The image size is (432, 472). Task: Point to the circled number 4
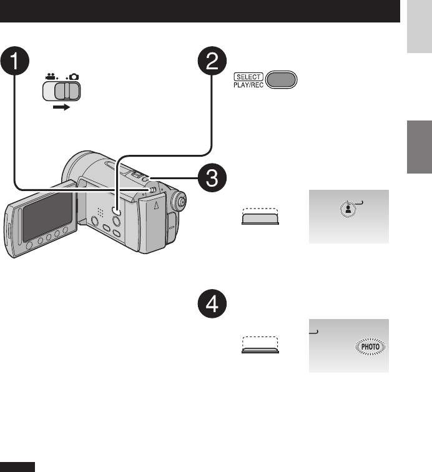(x=214, y=307)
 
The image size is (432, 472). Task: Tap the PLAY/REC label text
(x=249, y=84)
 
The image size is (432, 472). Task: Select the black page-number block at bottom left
(x=17, y=468)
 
